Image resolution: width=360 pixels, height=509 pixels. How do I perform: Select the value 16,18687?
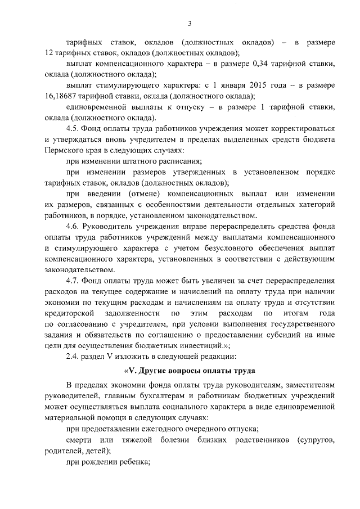pos(61,96)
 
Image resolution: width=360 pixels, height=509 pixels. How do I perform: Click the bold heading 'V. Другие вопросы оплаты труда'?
pos(190,371)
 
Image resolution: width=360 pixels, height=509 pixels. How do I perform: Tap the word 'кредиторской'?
pos(72,313)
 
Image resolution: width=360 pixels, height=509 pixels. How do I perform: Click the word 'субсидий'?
pos(282,334)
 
